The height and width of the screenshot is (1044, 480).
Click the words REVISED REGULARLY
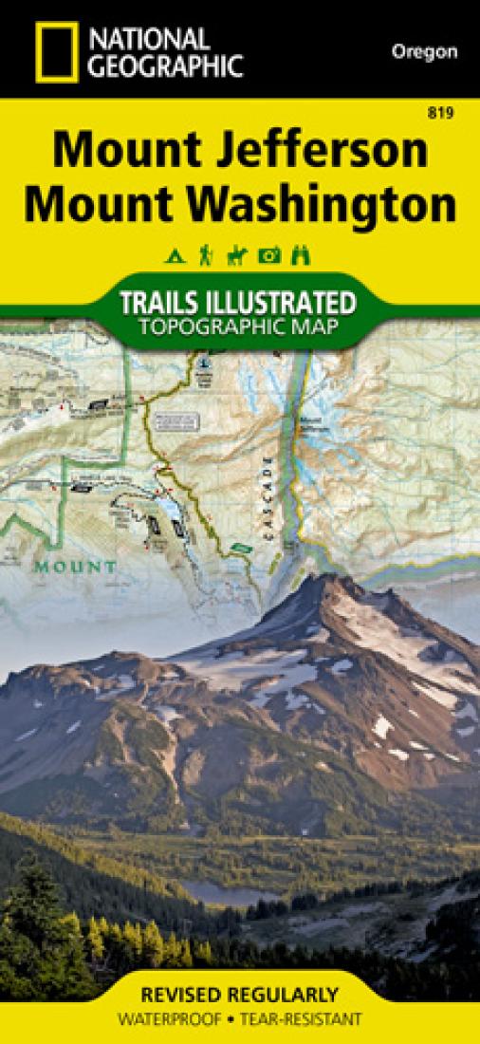[x=239, y=996]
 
